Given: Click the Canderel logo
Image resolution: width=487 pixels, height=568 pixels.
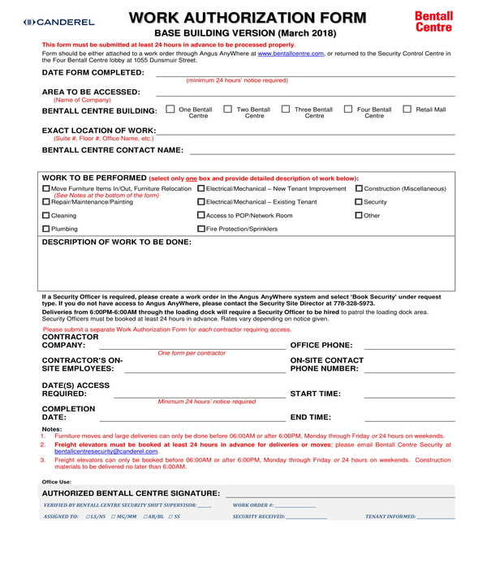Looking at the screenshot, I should (x=59, y=22).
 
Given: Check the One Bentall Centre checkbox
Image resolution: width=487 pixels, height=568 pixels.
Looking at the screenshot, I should (x=170, y=109).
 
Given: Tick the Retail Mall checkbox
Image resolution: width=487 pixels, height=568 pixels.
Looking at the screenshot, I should (x=407, y=109).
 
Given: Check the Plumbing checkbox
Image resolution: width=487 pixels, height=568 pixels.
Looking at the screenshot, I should (x=45, y=230).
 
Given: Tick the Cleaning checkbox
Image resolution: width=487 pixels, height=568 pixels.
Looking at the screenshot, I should (x=45, y=216).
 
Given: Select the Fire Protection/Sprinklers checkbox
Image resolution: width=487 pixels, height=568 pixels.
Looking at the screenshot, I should (x=201, y=230).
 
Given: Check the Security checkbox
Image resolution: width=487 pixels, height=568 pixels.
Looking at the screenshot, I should (x=359, y=202).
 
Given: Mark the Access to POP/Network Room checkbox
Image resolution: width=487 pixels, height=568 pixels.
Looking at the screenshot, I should (x=201, y=216).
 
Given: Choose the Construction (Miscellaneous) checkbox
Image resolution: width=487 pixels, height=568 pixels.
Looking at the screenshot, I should (x=359, y=188).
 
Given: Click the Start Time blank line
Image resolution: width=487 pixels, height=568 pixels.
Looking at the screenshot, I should (x=409, y=396).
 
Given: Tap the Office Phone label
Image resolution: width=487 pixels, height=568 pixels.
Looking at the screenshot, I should (x=321, y=345).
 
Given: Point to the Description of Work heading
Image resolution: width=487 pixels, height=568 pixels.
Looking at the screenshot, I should (x=116, y=242).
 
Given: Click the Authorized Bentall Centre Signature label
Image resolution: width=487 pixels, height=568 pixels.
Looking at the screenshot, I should (x=131, y=493).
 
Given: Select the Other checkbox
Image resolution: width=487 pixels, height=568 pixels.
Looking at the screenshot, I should (x=359, y=216).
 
